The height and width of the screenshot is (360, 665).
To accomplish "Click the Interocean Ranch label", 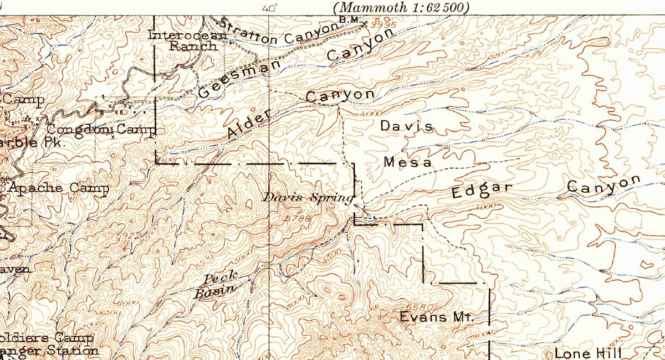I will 188,40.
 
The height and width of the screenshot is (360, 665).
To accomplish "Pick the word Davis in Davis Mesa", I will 406,126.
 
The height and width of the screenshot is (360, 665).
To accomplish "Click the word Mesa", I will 407,162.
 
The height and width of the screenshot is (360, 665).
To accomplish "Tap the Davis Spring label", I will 308,198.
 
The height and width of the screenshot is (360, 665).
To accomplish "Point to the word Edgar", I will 482,191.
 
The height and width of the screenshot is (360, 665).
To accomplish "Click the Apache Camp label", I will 58,188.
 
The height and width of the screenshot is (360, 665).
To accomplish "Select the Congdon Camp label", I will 101,130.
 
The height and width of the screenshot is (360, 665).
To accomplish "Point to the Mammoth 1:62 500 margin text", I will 401,7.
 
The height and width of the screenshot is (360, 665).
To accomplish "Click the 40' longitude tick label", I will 269,8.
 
